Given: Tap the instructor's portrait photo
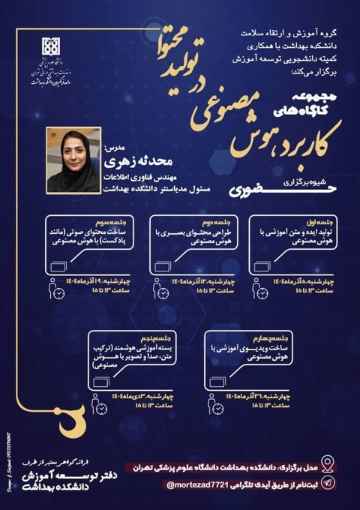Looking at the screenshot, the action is click(73, 160).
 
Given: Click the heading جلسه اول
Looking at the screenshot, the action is click(325, 223).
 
